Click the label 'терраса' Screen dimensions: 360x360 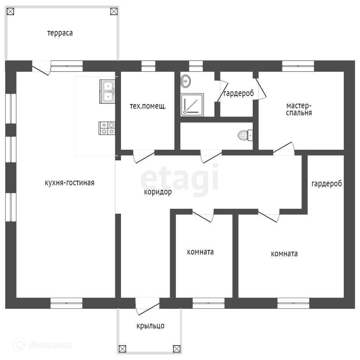click(60, 33)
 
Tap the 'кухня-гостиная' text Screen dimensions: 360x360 click(70, 183)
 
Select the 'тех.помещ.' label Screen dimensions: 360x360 click(148, 106)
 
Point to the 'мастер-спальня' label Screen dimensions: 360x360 click(299, 109)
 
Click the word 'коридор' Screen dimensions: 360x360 click(158, 192)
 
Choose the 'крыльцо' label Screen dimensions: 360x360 click(150, 326)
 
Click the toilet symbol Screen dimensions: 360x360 click(245, 135)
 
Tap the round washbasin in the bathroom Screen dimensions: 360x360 click(185, 81)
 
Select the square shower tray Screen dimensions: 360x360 click(192, 105)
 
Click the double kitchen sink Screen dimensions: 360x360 click(107, 91)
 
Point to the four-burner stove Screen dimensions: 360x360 click(107, 128)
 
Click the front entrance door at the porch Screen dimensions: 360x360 click(147, 306)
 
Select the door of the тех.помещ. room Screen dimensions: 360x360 click(144, 156)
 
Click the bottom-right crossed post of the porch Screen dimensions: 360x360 click(176, 349)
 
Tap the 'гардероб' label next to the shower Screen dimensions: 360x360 click(239, 94)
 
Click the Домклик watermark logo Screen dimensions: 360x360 click(43, 345)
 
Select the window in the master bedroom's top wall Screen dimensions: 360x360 click(298, 66)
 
